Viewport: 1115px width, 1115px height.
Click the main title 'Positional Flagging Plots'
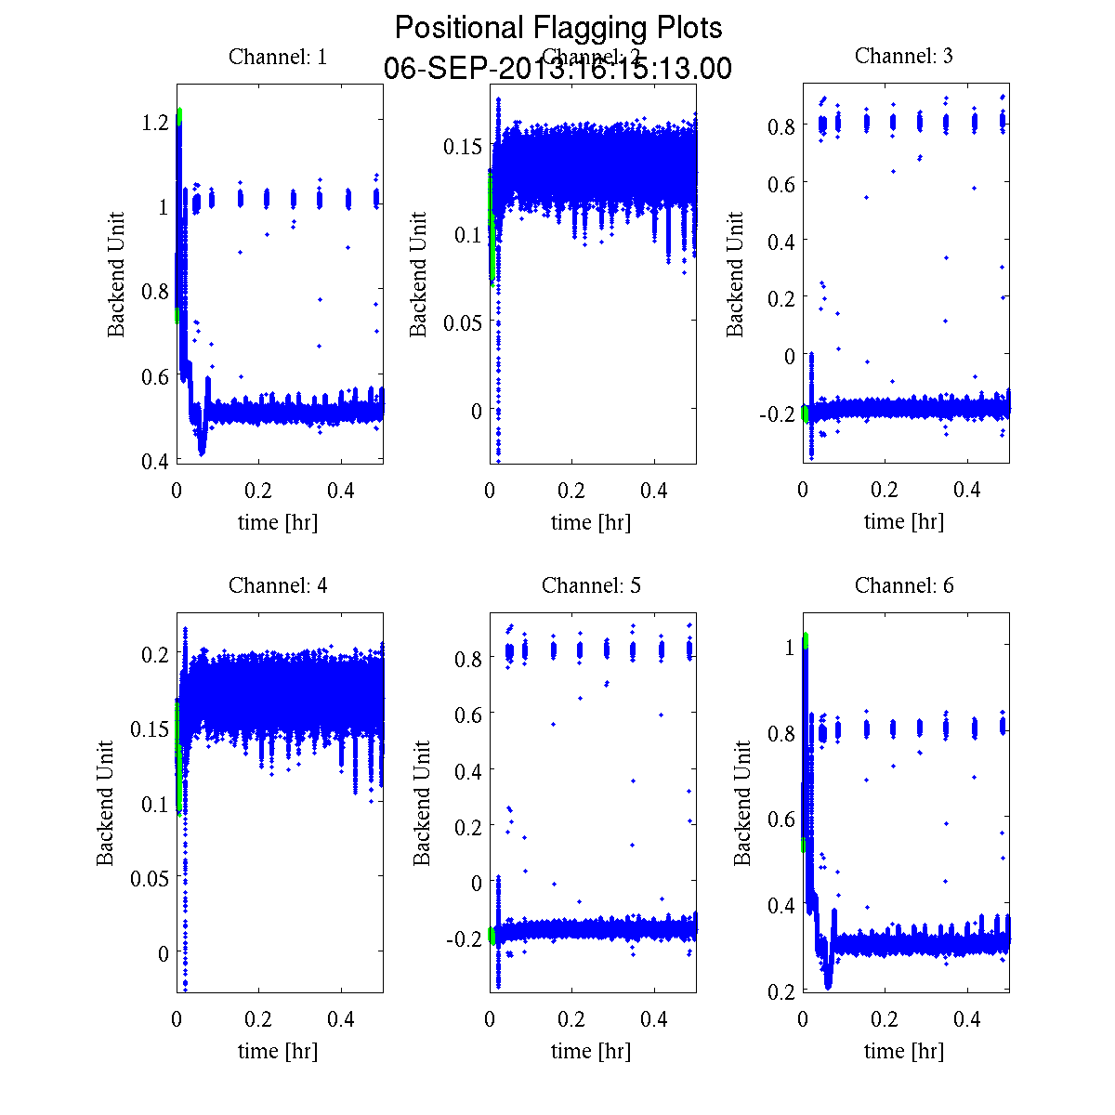(558, 28)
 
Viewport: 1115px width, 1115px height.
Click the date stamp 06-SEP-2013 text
(558, 69)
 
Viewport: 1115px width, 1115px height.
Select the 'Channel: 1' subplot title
(278, 57)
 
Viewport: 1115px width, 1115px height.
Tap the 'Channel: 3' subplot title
(903, 56)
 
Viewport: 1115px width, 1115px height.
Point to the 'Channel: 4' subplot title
(278, 585)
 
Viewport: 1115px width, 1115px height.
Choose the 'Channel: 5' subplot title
(591, 585)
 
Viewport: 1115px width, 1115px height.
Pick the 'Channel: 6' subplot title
(903, 585)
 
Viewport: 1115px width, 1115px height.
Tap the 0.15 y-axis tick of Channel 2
(462, 146)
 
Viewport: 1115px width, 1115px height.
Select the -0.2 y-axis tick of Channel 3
(777, 413)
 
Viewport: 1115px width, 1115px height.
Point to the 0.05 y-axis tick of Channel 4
(149, 878)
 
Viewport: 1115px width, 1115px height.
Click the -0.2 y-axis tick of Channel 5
(464, 938)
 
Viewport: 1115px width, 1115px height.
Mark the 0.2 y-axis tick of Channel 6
(781, 991)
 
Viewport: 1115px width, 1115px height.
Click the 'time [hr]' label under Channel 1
(278, 522)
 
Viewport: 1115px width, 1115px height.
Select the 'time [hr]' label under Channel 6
(903, 1051)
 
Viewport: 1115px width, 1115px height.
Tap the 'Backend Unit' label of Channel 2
(419, 274)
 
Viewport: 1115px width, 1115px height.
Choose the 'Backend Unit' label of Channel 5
(423, 804)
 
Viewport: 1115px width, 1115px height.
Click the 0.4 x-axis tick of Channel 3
(968, 490)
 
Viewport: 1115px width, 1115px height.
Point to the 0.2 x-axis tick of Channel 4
(259, 1019)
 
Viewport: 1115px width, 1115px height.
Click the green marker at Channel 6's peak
(805, 639)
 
